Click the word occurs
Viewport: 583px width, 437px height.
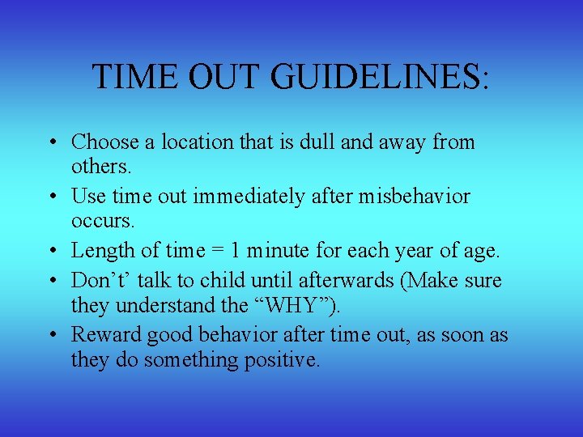[x=101, y=219]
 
